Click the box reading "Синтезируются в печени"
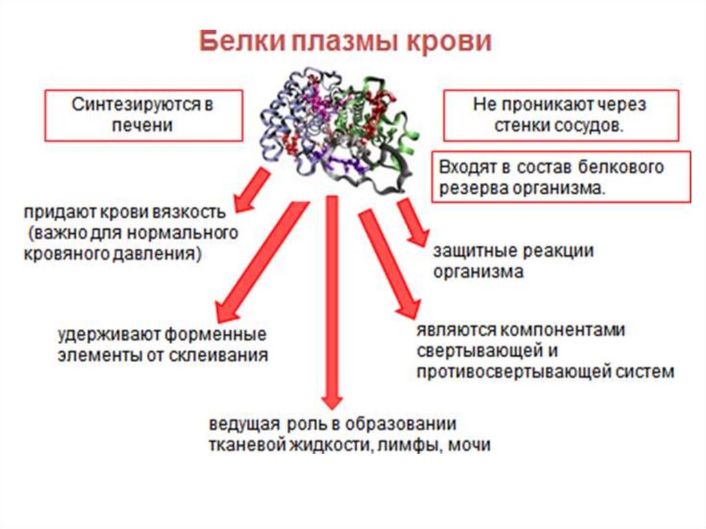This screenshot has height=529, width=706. (143, 116)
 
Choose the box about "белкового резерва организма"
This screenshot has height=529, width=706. (561, 177)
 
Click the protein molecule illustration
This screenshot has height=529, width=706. (334, 128)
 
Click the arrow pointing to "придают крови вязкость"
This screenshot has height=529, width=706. (252, 191)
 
